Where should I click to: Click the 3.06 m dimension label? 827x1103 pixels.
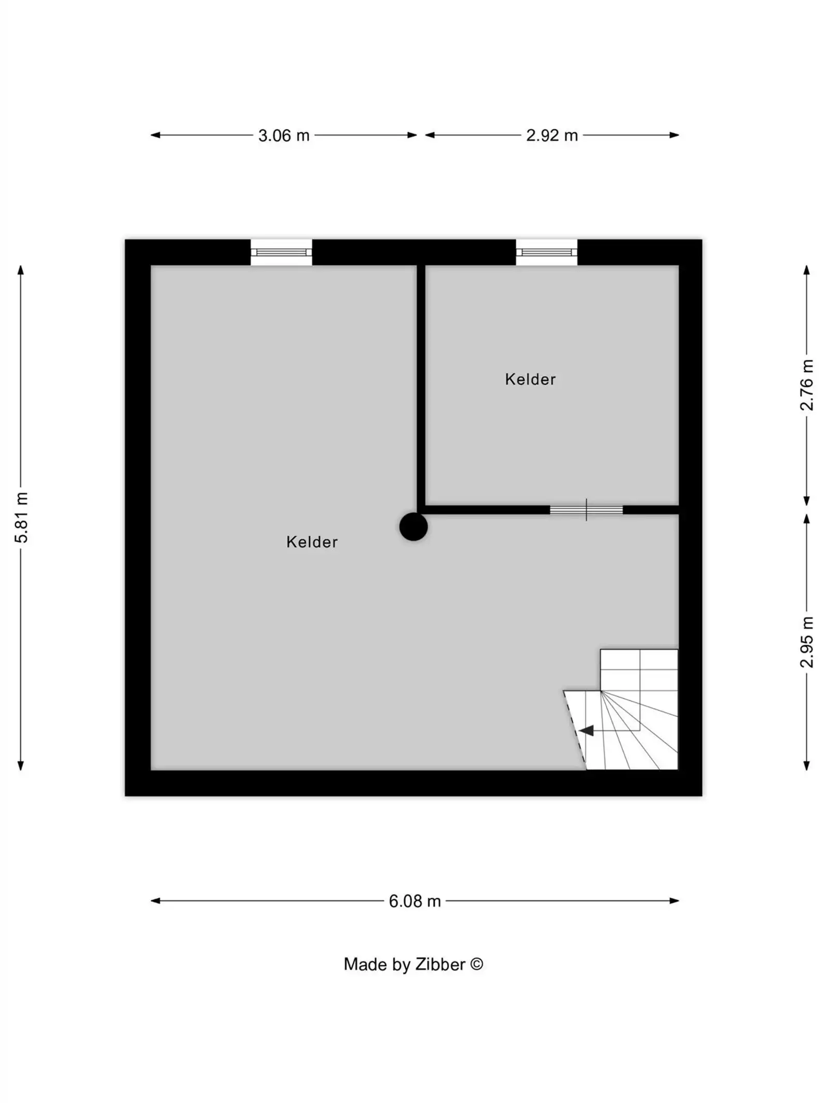283,135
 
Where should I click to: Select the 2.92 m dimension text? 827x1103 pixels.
552,135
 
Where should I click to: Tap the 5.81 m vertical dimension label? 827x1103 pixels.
21,517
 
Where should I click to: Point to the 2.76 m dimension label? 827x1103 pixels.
806,385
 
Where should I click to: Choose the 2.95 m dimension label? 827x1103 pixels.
806,642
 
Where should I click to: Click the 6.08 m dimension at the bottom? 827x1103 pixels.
415,901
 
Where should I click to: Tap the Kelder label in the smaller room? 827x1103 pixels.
530,379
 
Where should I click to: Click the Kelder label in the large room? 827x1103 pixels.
312,541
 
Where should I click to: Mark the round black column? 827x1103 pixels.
413,526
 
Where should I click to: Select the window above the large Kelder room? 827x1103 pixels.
281,252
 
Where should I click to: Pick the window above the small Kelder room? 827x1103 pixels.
546,252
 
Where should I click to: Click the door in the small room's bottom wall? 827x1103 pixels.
586,510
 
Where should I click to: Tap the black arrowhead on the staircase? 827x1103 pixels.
586,730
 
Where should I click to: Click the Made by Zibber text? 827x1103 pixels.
404,964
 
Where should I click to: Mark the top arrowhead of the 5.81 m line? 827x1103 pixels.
21,270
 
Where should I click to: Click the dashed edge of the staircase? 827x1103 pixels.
574,729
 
